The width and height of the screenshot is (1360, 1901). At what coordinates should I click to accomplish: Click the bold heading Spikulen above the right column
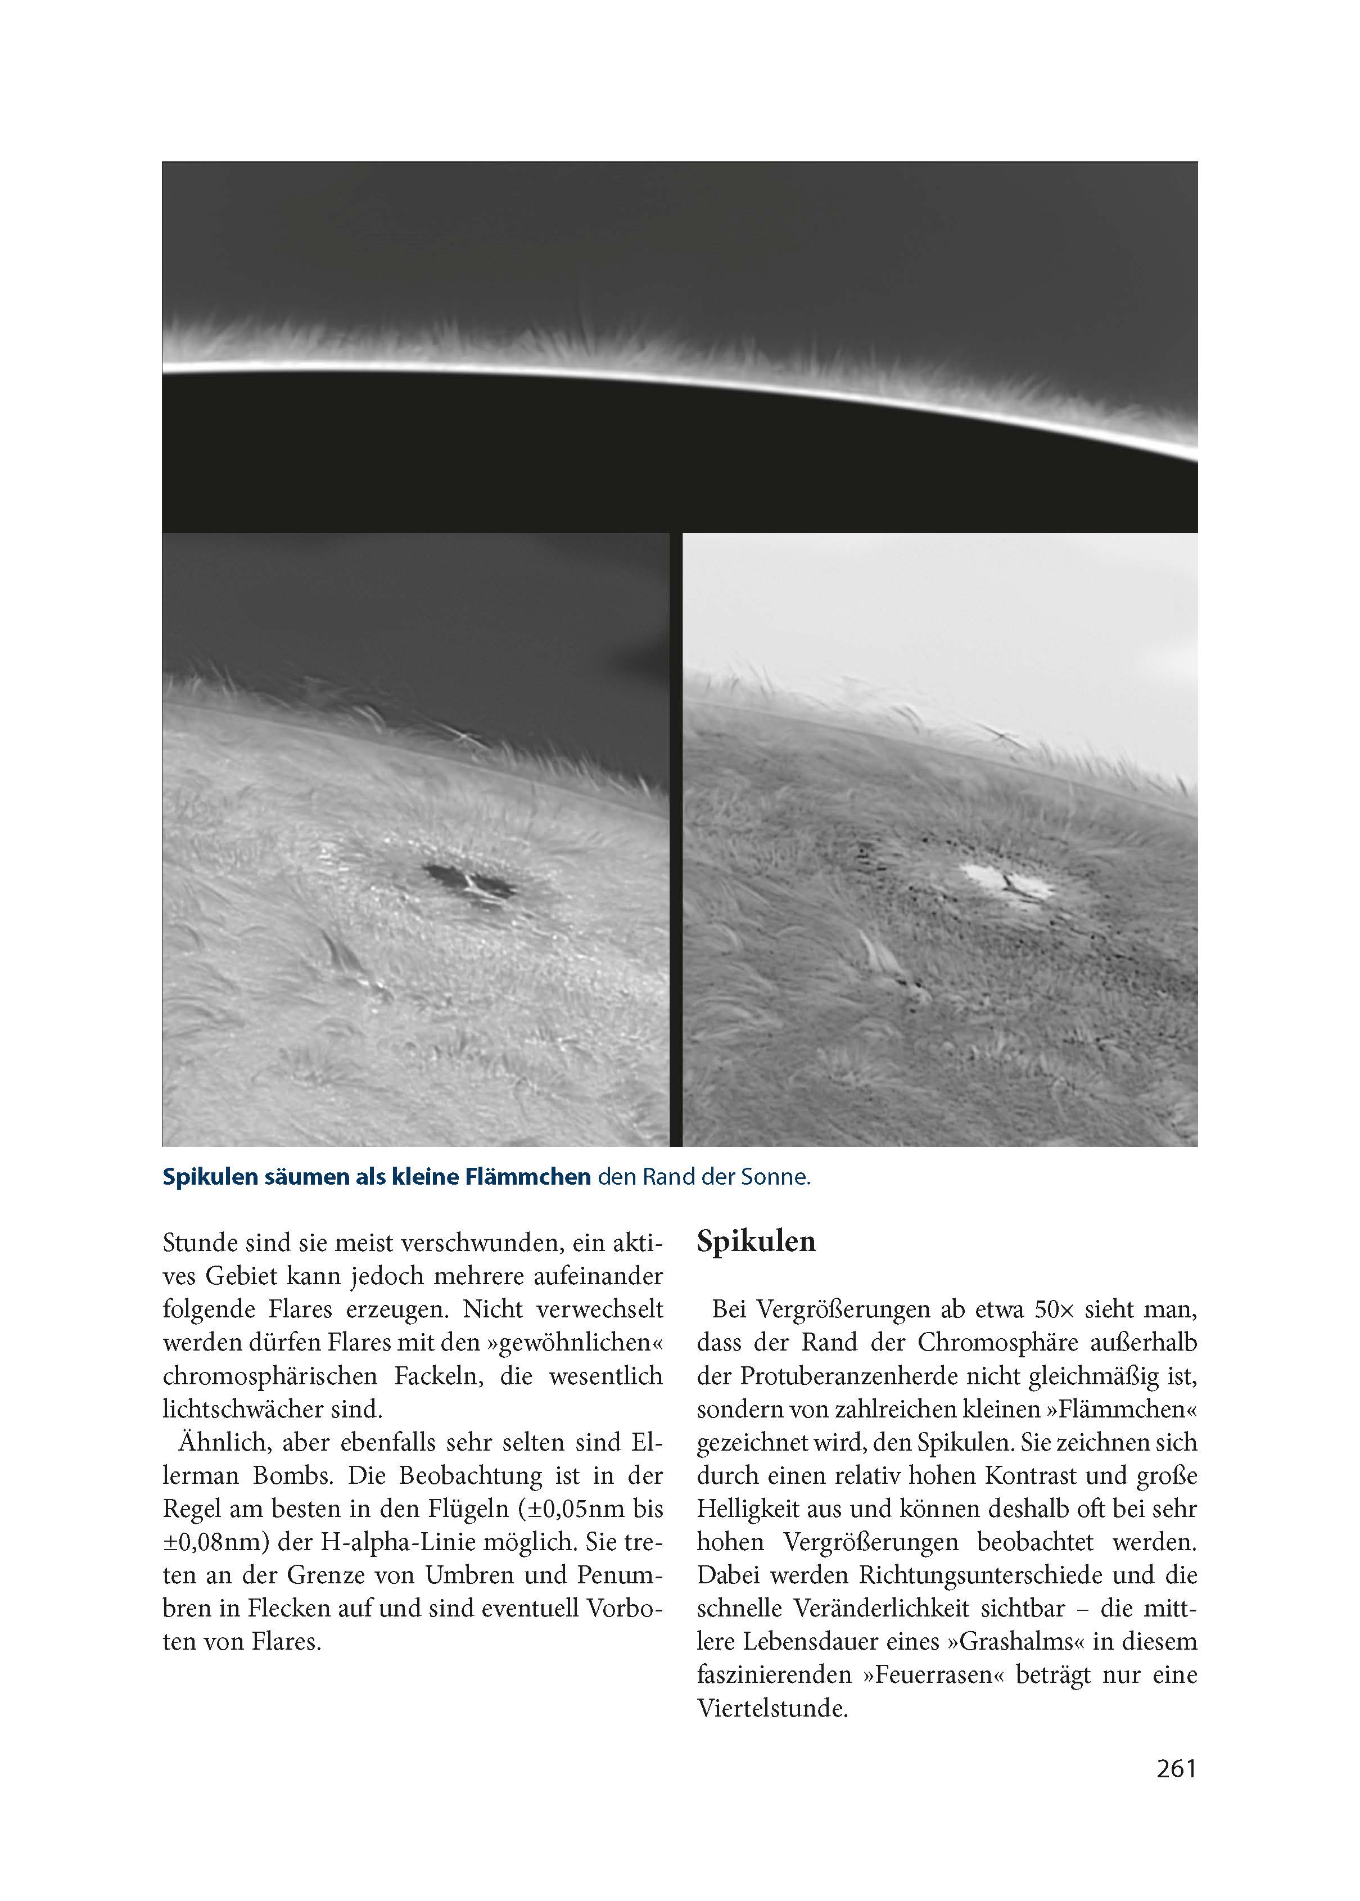[x=756, y=1241]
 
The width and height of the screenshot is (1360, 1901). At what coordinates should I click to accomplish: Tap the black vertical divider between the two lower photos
[x=676, y=837]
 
